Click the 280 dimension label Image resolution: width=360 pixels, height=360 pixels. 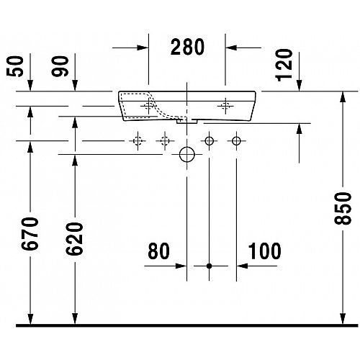[187, 48]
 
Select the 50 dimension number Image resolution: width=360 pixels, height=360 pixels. [15, 66]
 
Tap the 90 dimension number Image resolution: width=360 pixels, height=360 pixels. [60, 66]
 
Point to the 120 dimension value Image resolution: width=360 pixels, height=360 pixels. [284, 65]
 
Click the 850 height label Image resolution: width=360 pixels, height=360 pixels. [343, 208]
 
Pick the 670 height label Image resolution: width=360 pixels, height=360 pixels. [30, 233]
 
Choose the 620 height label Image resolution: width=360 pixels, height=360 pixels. [75, 238]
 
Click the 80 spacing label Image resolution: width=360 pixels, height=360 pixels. [158, 251]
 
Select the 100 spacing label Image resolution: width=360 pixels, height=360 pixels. [264, 251]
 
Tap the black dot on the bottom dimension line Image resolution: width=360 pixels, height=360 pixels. [210, 266]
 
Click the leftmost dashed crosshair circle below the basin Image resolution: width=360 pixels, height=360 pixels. [138, 140]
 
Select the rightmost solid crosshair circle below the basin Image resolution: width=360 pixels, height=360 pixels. [236, 141]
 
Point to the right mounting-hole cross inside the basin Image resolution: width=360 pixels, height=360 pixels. [225, 106]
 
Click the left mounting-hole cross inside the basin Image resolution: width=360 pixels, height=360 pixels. [149, 106]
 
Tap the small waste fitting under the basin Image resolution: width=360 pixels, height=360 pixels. [187, 122]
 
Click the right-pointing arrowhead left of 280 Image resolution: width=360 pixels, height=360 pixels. [143, 48]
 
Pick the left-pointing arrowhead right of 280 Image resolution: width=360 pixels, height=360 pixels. [231, 48]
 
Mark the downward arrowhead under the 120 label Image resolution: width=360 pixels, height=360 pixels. [299, 85]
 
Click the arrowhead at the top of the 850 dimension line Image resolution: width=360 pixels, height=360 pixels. [343, 97]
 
